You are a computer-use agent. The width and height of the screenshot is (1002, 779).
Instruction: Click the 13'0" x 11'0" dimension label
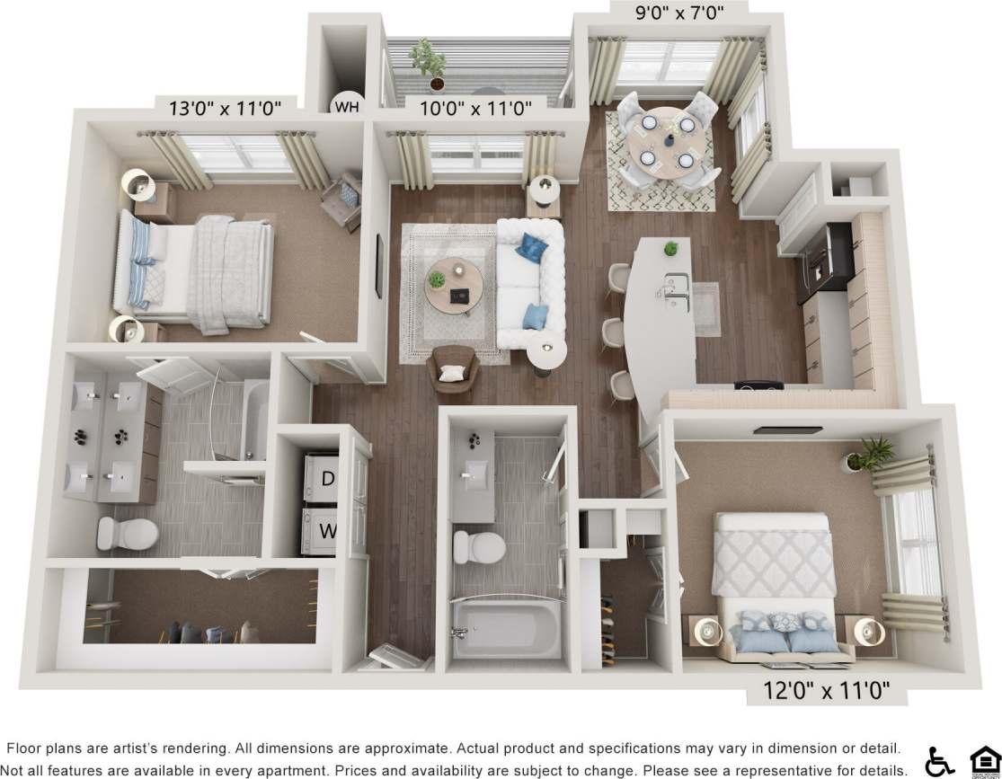226,109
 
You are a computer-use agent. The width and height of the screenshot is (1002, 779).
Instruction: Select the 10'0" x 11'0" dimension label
476,109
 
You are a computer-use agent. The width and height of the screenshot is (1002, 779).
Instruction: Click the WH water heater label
345,108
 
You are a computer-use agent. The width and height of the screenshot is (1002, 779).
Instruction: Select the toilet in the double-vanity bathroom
127,532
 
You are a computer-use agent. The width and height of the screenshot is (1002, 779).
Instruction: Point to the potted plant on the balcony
428,63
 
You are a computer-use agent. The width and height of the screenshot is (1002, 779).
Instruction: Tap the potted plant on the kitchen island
669,249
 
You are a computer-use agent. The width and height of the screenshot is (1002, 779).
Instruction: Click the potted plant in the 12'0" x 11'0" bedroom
868,454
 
